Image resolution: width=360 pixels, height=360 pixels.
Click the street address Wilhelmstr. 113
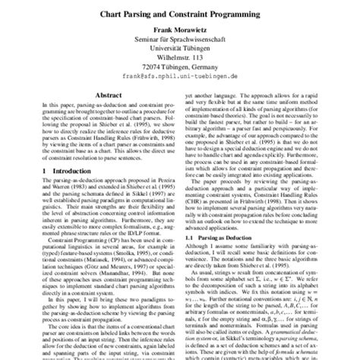(180, 65)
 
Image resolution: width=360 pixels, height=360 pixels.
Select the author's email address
(180, 87)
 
